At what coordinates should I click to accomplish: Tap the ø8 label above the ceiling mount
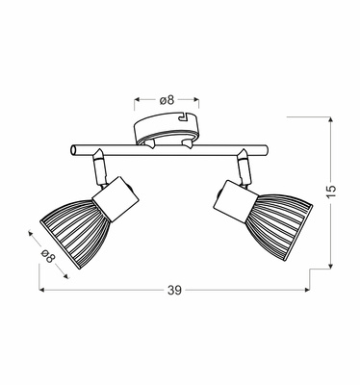pos(166,99)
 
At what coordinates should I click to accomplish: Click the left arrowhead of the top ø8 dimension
pos(136,99)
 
